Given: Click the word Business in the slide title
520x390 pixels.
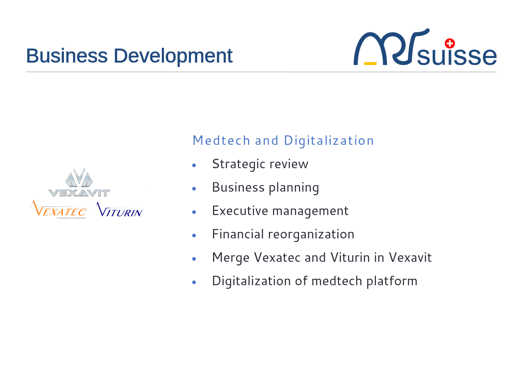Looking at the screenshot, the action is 67,56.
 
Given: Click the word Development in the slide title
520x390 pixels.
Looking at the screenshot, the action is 173,57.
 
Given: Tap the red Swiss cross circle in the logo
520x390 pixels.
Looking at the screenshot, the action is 450,44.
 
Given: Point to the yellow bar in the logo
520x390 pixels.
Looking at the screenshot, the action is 370,63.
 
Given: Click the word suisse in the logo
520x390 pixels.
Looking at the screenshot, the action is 456,55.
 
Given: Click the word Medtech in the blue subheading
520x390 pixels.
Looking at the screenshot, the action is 221,140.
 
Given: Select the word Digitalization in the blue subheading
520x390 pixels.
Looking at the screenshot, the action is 329,141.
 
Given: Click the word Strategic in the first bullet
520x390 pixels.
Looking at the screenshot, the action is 239,164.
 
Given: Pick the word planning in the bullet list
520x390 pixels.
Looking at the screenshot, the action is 294,188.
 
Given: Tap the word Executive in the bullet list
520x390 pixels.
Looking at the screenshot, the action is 240,211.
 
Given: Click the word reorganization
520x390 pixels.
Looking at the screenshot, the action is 311,234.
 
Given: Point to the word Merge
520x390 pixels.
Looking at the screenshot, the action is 231,257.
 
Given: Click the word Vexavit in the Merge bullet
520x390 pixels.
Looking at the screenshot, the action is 410,257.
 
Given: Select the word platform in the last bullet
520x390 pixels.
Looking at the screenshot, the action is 392,281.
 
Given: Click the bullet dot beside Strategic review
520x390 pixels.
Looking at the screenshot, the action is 194,165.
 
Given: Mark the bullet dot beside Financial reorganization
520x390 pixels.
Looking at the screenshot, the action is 194,235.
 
